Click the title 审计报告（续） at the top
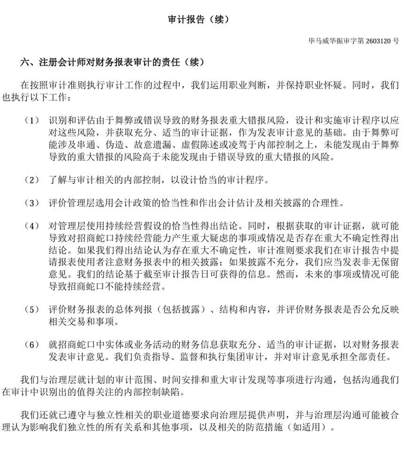202,20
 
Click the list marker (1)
31,121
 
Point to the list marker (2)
31,180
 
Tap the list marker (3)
31,204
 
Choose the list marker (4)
31,225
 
